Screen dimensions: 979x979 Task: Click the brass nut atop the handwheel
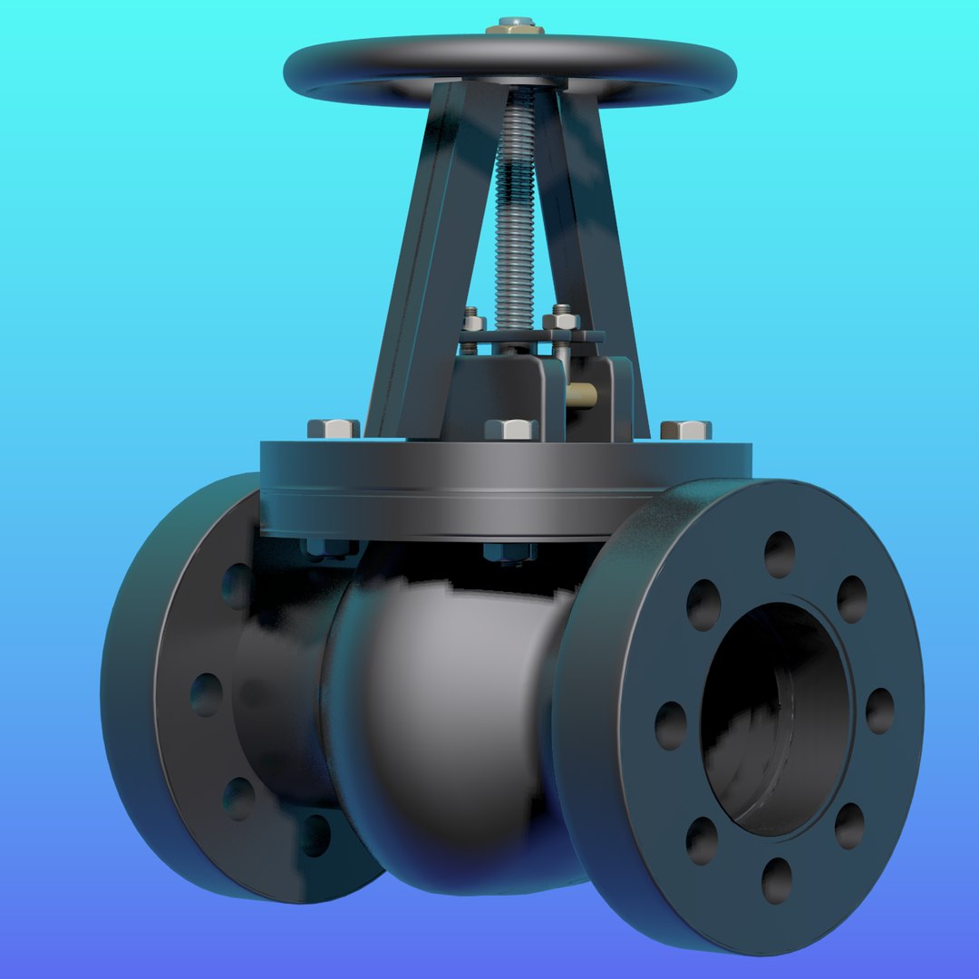click(514, 26)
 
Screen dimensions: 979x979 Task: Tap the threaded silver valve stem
click(514, 208)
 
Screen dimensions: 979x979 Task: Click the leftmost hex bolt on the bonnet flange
click(333, 429)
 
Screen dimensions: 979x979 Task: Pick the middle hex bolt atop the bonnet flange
click(510, 429)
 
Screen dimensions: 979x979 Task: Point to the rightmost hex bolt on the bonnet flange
click(685, 430)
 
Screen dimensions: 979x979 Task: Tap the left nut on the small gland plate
click(473, 321)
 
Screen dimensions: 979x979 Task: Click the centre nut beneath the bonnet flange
click(509, 551)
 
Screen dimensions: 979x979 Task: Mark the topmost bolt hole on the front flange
click(780, 554)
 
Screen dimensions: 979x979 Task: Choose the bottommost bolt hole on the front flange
click(777, 880)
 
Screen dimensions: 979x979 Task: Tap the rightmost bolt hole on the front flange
click(879, 711)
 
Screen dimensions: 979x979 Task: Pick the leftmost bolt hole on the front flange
click(671, 725)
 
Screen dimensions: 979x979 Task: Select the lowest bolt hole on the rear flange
click(315, 835)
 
